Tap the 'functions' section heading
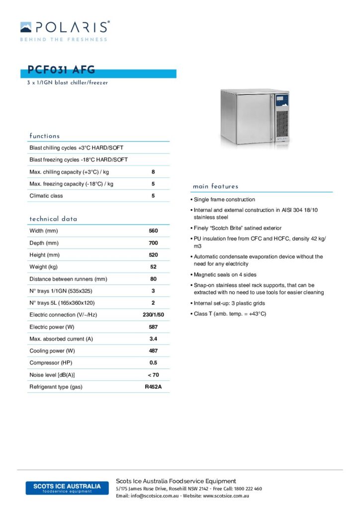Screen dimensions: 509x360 pos(45,136)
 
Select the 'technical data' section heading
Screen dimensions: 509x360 pos(53,219)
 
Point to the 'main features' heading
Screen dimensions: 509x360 pos(215,186)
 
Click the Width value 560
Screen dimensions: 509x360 pos(153,231)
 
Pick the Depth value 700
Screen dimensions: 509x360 pos(153,243)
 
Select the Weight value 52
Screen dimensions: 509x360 pos(153,267)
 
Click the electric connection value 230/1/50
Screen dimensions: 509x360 pos(153,315)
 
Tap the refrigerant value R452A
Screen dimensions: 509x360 pos(153,387)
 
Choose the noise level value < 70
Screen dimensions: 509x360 pos(153,375)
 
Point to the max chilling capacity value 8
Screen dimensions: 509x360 pos(153,172)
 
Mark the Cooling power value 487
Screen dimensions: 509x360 pos(153,351)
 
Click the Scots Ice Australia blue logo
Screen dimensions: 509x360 pos(67,488)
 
